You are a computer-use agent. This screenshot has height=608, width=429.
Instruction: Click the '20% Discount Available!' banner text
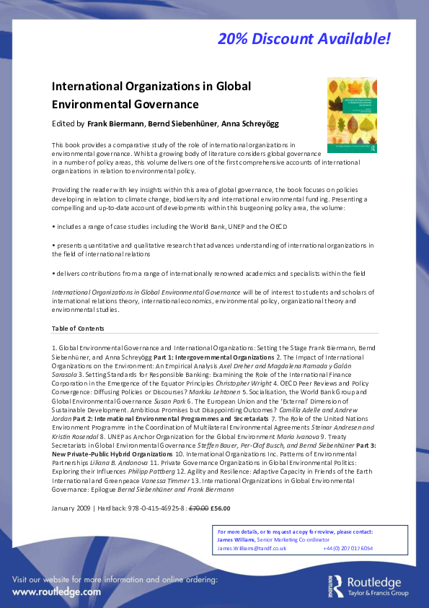click(304, 38)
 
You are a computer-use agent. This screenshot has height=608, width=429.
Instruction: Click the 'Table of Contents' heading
click(78, 329)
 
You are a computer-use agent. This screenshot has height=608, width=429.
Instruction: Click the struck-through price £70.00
click(198, 508)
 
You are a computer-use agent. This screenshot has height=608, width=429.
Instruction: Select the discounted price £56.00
click(221, 508)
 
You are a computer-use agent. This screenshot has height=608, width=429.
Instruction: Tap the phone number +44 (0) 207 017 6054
click(348, 548)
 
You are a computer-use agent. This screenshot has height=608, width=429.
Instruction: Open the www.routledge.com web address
click(56, 591)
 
